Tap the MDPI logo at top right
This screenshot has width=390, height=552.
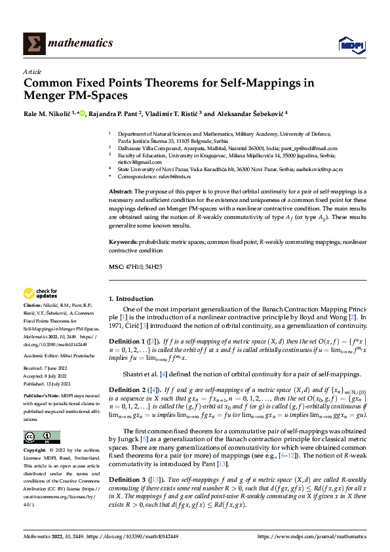pyautogui.click(x=351, y=43)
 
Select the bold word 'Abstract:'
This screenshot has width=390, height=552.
pyautogui.click(x=123, y=191)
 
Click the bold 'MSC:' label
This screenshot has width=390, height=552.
pyautogui.click(x=116, y=267)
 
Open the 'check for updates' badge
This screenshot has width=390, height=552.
pyautogui.click(x=41, y=294)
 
